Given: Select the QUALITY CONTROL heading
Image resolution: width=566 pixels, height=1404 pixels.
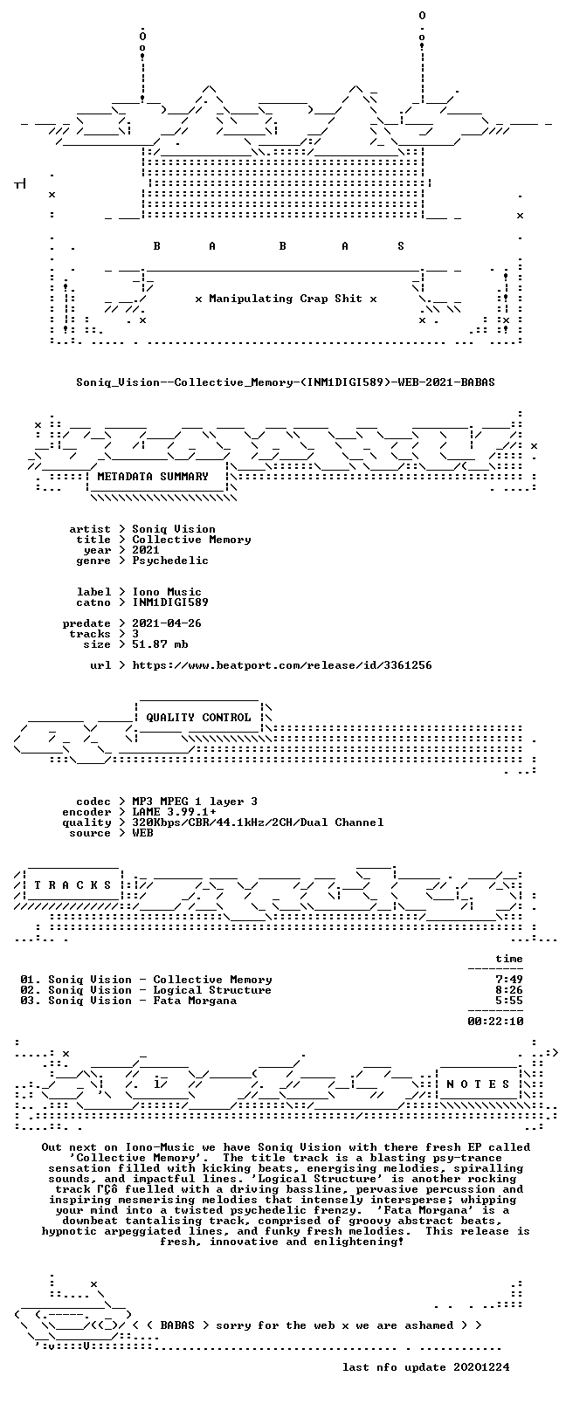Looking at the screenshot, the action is point(198,718).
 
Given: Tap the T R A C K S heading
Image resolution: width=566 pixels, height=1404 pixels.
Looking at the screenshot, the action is point(72,885).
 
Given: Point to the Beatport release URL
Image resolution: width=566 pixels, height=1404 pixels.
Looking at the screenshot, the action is point(282,665).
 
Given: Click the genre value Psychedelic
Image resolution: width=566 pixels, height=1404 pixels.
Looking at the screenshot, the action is point(169,561).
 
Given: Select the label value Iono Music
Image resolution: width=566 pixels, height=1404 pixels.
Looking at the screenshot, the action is point(167,592).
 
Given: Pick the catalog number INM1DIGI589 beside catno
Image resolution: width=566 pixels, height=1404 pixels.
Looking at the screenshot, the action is point(169,602).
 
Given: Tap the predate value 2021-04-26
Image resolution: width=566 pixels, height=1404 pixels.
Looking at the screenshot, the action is point(167,623).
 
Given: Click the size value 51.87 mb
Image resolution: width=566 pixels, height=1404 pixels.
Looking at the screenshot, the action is point(160,644).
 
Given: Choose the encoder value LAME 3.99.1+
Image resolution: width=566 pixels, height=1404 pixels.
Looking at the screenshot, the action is point(174,812).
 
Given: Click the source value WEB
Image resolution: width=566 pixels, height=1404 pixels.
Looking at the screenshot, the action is point(142,833).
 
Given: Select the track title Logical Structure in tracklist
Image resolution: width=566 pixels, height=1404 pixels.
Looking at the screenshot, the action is point(212,990).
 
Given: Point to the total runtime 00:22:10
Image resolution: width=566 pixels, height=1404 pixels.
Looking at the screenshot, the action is point(495,1022).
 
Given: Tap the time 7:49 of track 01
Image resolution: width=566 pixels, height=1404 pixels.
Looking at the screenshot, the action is point(509,980).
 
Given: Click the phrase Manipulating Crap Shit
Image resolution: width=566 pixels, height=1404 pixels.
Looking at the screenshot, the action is point(286,299).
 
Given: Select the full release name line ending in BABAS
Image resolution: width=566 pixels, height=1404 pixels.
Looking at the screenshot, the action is point(286,382).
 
